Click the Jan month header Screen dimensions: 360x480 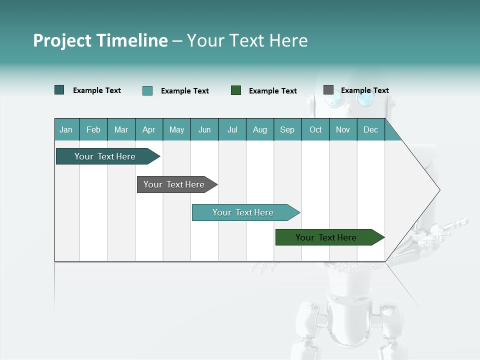[66, 129]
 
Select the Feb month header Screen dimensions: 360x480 [93, 129]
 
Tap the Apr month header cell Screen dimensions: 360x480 [149, 129]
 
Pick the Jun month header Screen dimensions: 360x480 [204, 129]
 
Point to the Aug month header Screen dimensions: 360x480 [260, 129]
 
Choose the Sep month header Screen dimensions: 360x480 [287, 129]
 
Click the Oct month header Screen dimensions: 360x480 [315, 129]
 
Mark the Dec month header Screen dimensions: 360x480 [371, 129]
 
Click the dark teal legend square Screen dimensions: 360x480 [59, 90]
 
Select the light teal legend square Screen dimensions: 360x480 [147, 90]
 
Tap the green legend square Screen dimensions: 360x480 [236, 90]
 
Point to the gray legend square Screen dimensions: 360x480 [328, 90]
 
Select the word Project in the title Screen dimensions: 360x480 [62, 40]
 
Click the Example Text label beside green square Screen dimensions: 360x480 [273, 91]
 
